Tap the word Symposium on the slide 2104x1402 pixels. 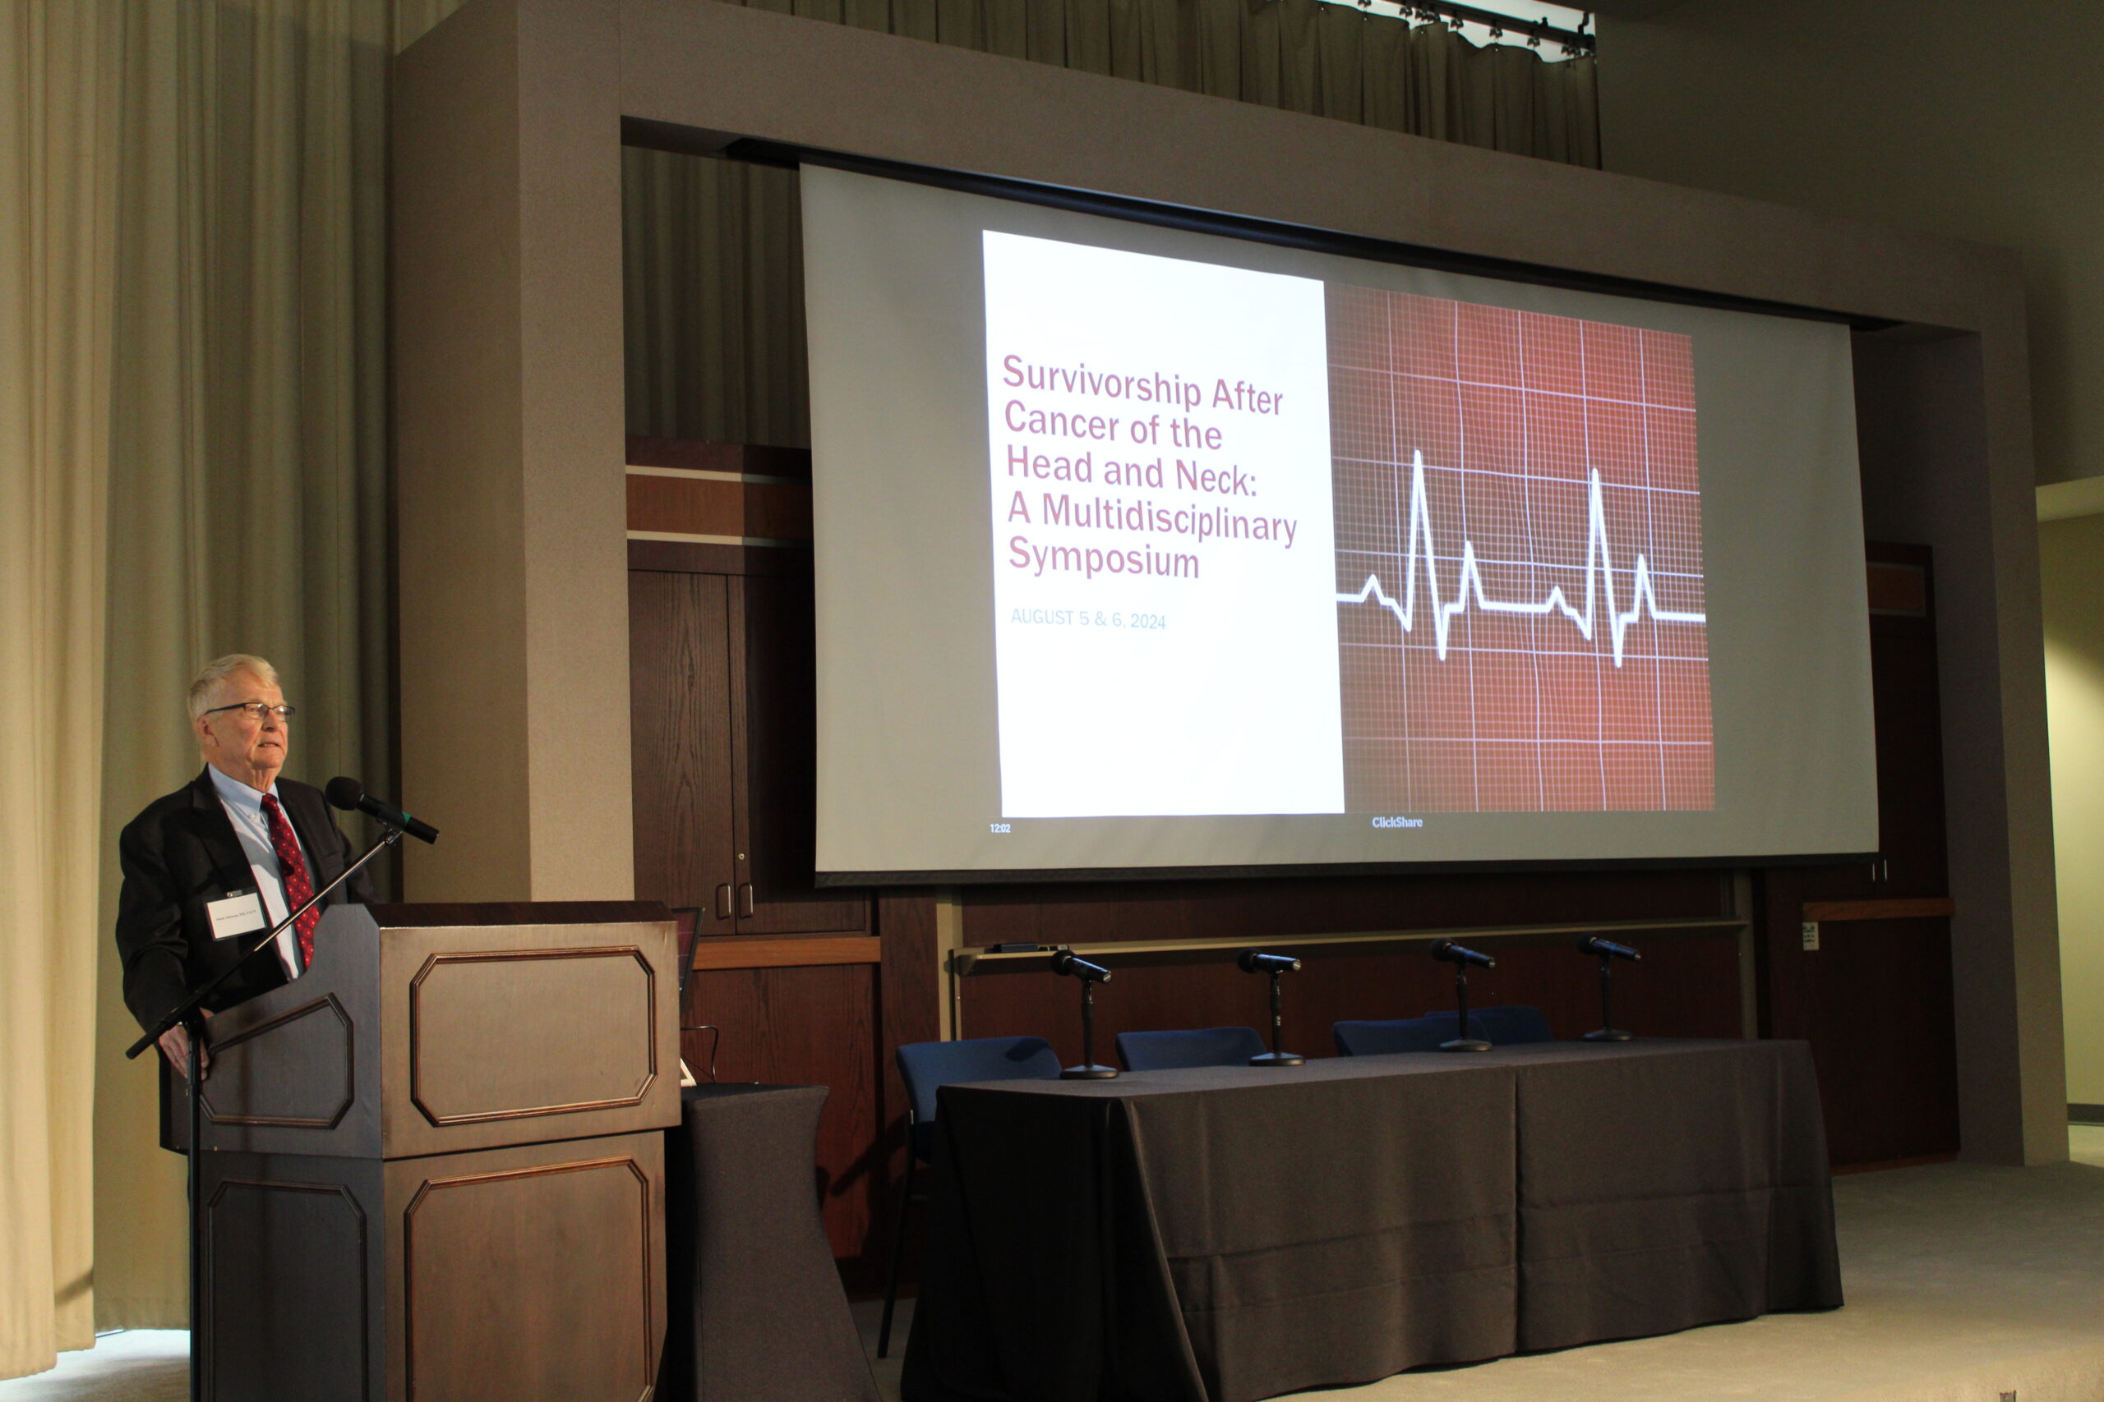[x=1103, y=558]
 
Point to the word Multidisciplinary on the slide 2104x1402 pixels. [x=1168, y=518]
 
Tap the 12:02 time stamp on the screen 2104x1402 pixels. [x=999, y=829]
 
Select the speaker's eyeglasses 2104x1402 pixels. [x=252, y=710]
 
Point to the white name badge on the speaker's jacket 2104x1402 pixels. [x=236, y=915]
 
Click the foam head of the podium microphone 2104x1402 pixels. [x=344, y=793]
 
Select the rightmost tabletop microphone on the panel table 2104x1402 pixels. [x=1608, y=949]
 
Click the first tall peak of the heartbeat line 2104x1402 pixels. [x=1418, y=461]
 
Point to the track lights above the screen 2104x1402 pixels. [x=1476, y=27]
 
